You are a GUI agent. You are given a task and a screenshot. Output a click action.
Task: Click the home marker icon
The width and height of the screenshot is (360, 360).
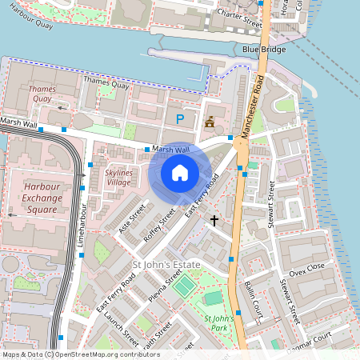180,172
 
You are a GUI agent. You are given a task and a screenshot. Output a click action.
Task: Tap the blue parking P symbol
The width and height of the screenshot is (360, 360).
179,118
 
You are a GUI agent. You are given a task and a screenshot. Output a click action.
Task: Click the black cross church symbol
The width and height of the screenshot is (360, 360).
214,218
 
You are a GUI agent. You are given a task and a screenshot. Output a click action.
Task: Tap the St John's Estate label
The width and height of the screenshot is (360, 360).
166,265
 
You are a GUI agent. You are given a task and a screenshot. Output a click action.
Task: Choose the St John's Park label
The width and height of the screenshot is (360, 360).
217,322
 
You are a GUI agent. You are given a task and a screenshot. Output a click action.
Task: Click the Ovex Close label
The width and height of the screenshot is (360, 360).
307,269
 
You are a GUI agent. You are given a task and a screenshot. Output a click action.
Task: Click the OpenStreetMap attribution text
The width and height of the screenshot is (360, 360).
70,354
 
